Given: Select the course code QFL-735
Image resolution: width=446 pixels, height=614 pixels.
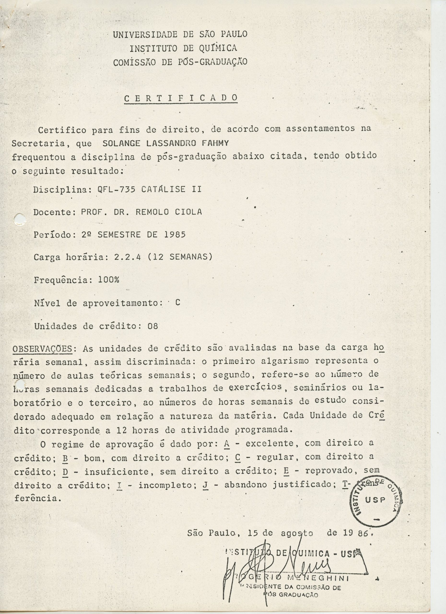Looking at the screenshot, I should [x=116, y=189].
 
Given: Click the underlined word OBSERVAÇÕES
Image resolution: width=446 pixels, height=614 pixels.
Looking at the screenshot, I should [x=42, y=349].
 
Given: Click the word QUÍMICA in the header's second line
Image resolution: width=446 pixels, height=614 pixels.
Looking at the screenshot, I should [x=218, y=48].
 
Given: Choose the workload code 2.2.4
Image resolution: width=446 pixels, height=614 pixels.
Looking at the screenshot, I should [x=127, y=257].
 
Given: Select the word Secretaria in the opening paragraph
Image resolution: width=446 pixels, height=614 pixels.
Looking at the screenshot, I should [x=38, y=143].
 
